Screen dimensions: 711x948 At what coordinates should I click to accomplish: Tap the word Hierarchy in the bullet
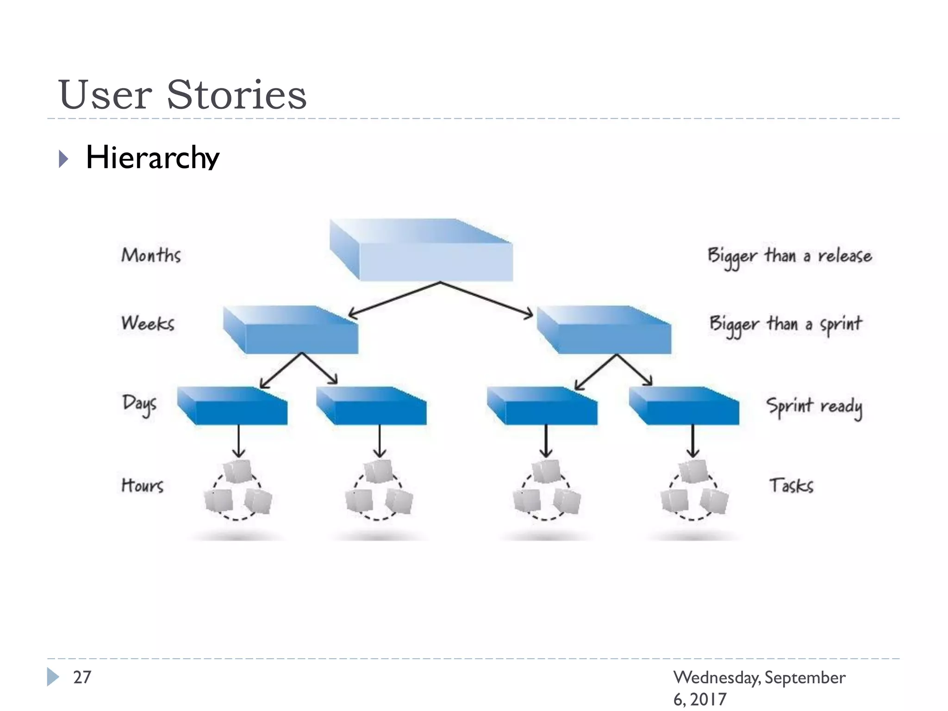(x=152, y=157)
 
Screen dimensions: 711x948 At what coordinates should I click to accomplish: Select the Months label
(x=151, y=255)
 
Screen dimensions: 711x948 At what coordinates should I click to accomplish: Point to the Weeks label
(x=148, y=323)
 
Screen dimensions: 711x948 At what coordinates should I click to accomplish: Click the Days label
(x=139, y=404)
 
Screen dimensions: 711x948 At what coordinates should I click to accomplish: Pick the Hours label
(x=142, y=485)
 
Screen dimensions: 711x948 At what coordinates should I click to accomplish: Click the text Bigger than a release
(x=790, y=256)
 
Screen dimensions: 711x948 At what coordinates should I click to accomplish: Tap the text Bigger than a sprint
(x=786, y=324)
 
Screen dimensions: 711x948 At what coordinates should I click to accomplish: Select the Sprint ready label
(x=814, y=406)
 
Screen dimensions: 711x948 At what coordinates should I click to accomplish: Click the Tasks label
(x=791, y=486)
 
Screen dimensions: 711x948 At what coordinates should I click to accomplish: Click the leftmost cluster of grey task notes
(x=238, y=490)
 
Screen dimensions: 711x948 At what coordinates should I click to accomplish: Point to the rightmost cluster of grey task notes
(x=694, y=490)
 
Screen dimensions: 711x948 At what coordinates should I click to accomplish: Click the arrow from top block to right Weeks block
(x=486, y=299)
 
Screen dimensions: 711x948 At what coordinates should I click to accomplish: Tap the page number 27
(x=82, y=677)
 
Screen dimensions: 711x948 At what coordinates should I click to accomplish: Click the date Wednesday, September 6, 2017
(x=759, y=687)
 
